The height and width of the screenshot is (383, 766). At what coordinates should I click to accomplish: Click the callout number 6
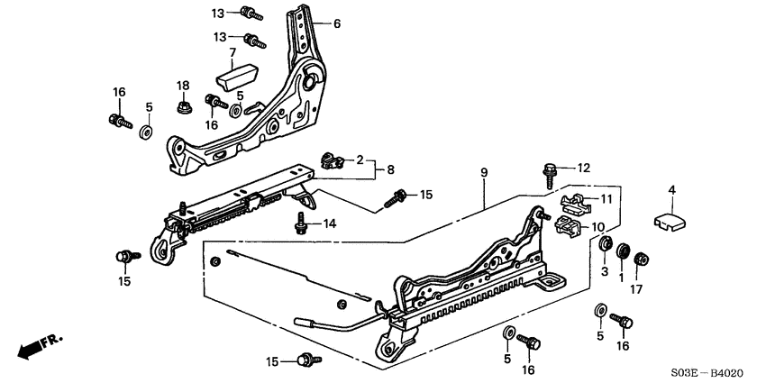tap(337, 24)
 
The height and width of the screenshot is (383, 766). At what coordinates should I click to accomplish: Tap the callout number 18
tap(183, 86)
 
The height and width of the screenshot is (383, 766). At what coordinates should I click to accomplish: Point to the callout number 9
tap(484, 171)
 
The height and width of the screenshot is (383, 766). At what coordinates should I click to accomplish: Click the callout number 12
tap(585, 168)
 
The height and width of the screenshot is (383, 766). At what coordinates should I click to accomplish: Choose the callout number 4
tap(670, 189)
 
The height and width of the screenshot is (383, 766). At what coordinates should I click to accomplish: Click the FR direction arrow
tap(40, 345)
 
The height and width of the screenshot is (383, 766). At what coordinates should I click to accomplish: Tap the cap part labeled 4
tap(668, 220)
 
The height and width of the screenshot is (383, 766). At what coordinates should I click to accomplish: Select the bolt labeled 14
tap(299, 224)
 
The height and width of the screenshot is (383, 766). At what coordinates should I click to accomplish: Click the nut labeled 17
tap(642, 260)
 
